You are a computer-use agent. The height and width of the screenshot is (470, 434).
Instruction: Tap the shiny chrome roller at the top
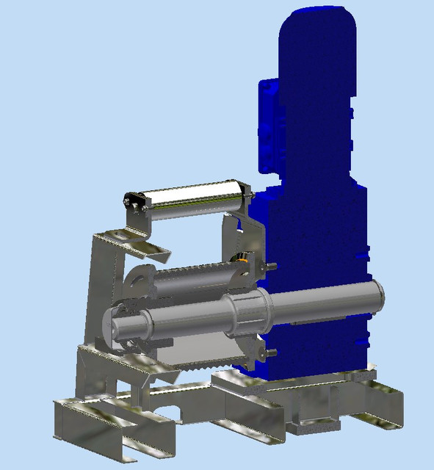pyautogui.click(x=195, y=196)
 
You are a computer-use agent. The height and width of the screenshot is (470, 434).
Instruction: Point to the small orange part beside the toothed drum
pyautogui.click(x=239, y=258)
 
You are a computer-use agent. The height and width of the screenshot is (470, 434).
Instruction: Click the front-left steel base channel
pyautogui.click(x=110, y=426)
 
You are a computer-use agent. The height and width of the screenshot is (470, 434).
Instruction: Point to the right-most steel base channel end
pyautogui.click(x=389, y=411)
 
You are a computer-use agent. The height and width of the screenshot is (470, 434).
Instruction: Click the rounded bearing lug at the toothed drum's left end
pyautogui.click(x=137, y=279)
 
